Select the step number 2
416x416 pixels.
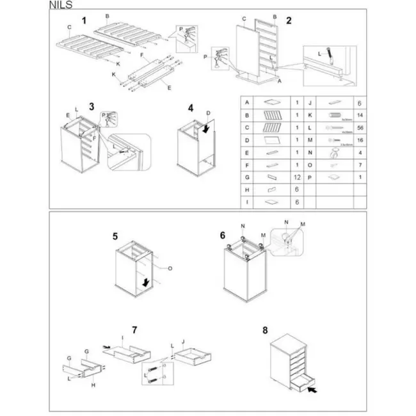click(289, 20)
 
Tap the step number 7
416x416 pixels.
click(134, 330)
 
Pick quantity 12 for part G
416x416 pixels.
click(296, 175)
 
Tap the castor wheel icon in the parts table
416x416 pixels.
click(333, 154)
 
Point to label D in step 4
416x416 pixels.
click(209, 113)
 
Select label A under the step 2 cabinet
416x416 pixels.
click(279, 83)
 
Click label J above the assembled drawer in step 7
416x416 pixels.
click(184, 341)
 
